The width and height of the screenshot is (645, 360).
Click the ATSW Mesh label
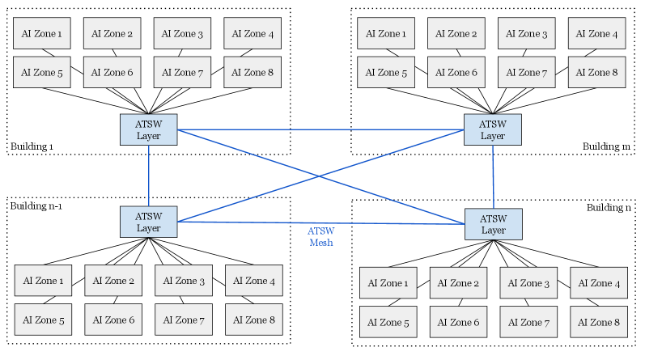click(321, 237)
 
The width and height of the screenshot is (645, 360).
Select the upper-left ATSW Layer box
click(149, 130)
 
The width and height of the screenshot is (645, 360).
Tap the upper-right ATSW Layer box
click(493, 130)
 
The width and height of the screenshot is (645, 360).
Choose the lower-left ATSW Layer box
click(149, 222)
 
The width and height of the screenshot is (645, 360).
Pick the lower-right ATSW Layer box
click(494, 224)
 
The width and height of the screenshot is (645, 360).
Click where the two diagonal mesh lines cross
click(321, 176)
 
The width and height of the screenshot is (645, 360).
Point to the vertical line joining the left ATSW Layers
click(149, 176)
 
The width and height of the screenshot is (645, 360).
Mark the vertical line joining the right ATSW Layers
click(494, 176)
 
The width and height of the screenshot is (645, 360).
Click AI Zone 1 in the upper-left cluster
click(41, 34)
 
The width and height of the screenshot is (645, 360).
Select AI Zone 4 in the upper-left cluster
click(252, 34)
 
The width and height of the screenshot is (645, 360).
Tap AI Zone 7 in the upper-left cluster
click(182, 73)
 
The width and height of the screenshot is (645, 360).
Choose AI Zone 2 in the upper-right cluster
click(456, 34)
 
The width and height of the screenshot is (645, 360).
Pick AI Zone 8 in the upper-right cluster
click(596, 73)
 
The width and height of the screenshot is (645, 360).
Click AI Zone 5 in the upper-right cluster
click(386, 73)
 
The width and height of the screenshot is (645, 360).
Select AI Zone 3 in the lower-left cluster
click(184, 281)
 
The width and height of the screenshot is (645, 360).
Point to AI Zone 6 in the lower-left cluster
click(113, 320)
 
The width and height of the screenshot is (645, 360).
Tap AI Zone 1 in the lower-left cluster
click(43, 281)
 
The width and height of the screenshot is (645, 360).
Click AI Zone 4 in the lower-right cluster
click(599, 283)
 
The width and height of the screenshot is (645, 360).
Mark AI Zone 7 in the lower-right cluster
click(528, 322)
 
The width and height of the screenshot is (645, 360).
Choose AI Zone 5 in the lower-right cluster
click(388, 322)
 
